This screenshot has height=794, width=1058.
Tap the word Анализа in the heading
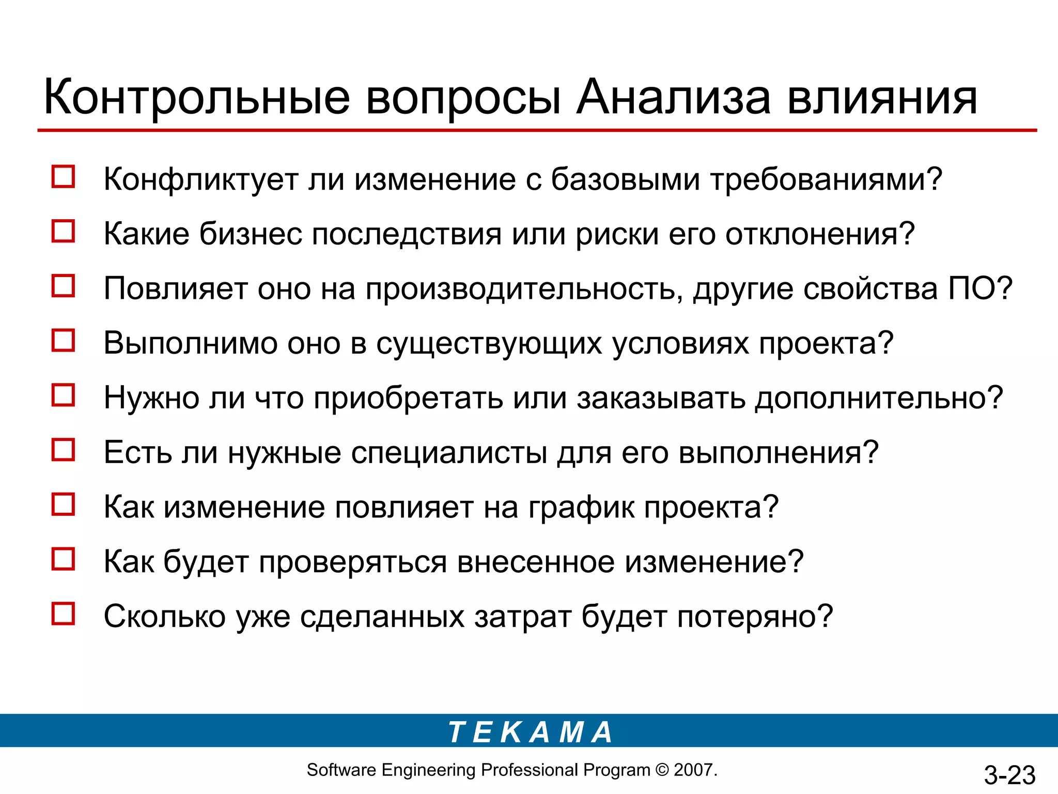[673, 97]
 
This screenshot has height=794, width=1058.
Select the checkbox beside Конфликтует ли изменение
[63, 177]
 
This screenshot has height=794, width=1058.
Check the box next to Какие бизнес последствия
[63, 231]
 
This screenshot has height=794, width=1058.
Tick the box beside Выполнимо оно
[63, 341]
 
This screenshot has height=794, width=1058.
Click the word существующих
[489, 343]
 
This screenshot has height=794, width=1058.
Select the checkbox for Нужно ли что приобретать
[63, 395]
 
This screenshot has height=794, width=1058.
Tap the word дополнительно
[872, 398]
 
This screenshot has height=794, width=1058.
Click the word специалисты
[449, 453]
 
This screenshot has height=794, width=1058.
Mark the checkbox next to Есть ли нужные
[63, 450]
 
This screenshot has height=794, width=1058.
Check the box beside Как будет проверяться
[63, 559]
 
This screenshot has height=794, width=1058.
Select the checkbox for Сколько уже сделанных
[63, 614]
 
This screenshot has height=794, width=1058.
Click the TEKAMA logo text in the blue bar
[530, 732]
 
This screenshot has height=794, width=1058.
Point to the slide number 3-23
[1009, 775]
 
